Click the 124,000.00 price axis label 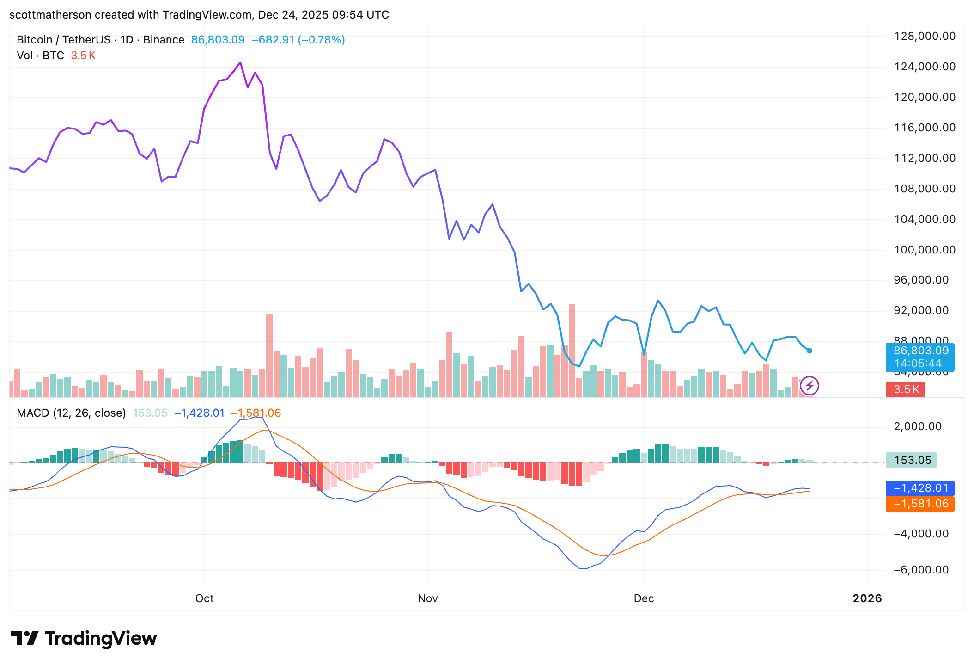(x=925, y=67)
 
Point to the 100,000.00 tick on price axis (x=925, y=250)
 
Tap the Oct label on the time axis (x=204, y=598)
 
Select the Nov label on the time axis (x=427, y=598)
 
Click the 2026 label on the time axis (x=867, y=598)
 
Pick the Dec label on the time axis (x=644, y=598)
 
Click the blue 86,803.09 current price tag (x=920, y=351)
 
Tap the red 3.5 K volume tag (x=906, y=389)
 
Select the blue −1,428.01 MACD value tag (x=920, y=488)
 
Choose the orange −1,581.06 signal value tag (x=920, y=504)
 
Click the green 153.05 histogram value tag (x=912, y=460)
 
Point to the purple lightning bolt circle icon (x=809, y=386)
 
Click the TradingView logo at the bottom (x=84, y=638)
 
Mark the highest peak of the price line (x=240, y=62)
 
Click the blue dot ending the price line (x=810, y=351)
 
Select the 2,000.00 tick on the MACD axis (x=918, y=426)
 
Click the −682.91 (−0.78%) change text (x=298, y=40)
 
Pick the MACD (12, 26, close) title (x=71, y=413)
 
